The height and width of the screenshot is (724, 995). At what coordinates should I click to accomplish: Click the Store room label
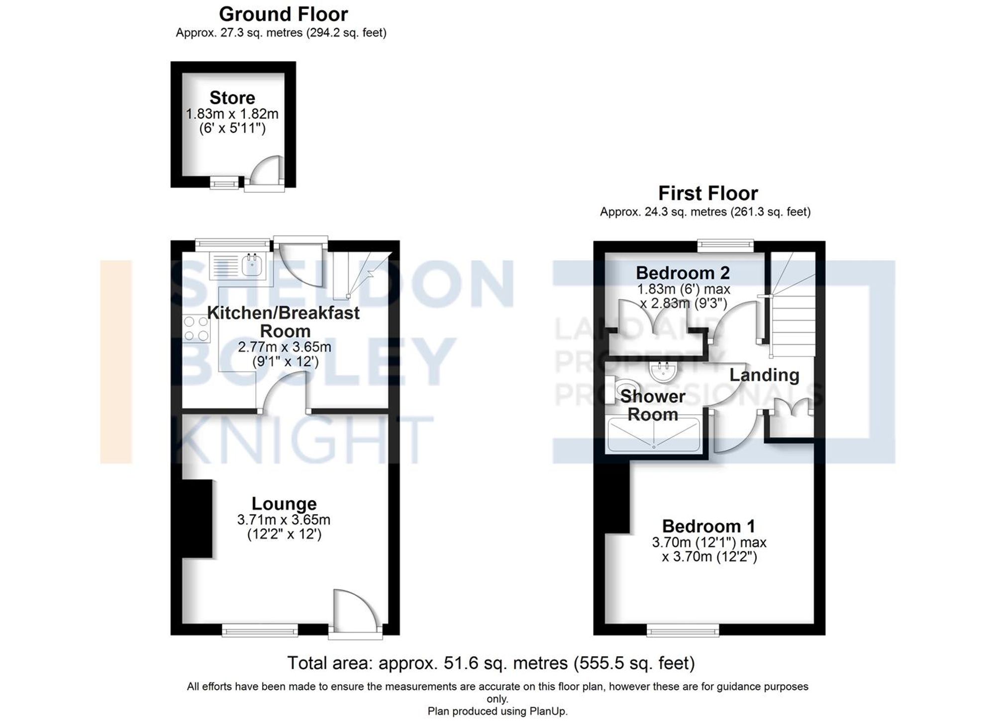232,98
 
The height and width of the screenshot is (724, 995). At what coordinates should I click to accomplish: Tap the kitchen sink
252,264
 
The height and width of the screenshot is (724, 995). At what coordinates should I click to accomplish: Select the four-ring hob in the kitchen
196,329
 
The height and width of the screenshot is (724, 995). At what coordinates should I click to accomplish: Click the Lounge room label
284,504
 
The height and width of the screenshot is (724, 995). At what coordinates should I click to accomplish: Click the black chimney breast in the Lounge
197,518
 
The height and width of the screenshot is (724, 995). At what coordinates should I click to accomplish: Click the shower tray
654,434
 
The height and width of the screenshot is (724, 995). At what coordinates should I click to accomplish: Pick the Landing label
764,375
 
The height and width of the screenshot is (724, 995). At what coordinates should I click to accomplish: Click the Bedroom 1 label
708,526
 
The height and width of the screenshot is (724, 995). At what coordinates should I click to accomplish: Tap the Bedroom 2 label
683,273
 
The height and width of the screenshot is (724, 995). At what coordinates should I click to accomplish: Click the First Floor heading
708,193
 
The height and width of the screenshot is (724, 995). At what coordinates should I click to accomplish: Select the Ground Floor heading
283,14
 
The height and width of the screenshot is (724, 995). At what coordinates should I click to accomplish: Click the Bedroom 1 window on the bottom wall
683,631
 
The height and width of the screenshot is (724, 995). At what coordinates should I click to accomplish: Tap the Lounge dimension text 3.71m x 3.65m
284,520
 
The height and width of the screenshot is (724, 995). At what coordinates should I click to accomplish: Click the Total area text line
491,663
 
